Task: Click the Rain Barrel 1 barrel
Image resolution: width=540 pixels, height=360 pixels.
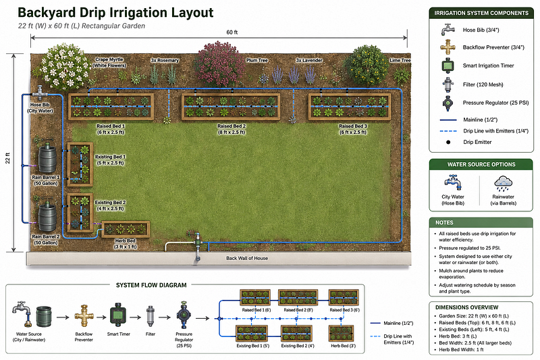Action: tap(47, 159)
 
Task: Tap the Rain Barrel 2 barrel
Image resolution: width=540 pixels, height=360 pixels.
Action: tap(47, 217)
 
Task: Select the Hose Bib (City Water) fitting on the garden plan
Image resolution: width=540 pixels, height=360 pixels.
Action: tap(40, 93)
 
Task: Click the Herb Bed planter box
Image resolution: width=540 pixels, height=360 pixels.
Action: tap(126, 229)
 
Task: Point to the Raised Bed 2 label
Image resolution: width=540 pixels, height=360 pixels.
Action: tap(232, 129)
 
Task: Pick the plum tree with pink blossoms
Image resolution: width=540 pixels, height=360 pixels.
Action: tap(219, 64)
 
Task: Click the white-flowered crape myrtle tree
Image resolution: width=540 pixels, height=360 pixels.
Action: tap(65, 66)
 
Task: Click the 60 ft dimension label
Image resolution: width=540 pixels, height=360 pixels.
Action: tap(232, 32)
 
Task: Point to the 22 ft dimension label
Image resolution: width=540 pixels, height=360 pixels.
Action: tap(7, 158)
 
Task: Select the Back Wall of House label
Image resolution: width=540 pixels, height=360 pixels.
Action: tap(247, 259)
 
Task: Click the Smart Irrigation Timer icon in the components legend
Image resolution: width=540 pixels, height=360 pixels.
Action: tap(448, 66)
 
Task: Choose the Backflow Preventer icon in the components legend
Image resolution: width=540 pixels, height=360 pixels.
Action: tap(448, 47)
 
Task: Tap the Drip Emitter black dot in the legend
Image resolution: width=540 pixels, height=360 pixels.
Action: tap(448, 142)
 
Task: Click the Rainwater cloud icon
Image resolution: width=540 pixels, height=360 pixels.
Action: tap(503, 183)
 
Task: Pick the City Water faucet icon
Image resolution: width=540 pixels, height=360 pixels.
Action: tap(453, 182)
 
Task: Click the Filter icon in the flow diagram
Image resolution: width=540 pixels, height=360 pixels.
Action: tap(150, 316)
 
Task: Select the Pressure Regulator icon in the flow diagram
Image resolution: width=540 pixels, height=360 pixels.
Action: tap(183, 315)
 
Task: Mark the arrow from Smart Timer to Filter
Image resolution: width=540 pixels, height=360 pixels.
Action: tap(135, 317)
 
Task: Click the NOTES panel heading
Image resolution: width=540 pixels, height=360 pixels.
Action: tap(444, 222)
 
